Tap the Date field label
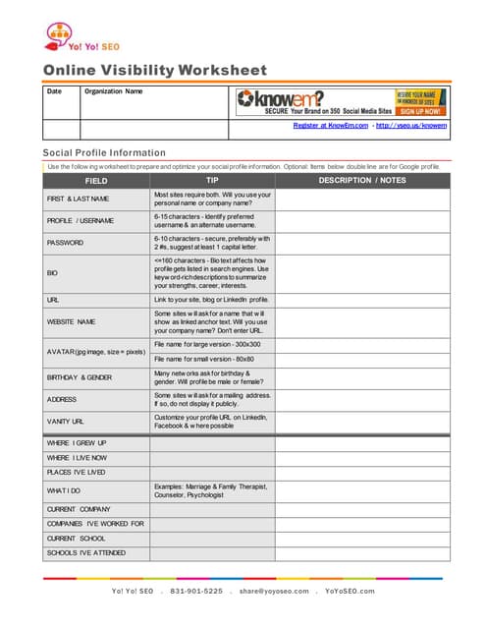point(54,91)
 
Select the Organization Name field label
point(114,91)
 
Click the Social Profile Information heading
point(103,152)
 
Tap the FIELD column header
point(96,181)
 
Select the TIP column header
point(212,181)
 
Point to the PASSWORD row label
point(66,242)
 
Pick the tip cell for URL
point(211,299)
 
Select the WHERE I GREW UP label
point(77,443)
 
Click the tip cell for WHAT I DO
point(211,490)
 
